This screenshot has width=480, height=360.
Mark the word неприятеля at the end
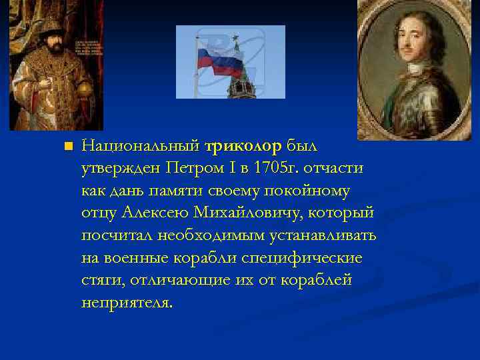tap(126, 303)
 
